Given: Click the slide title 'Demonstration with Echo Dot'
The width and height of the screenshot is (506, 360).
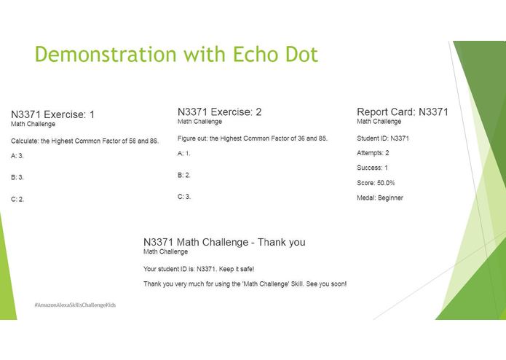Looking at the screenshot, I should coord(176,55).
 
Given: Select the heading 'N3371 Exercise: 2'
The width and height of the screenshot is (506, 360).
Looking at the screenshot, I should coord(219,112).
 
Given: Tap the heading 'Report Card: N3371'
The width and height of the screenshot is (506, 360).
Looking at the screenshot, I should coord(402,112).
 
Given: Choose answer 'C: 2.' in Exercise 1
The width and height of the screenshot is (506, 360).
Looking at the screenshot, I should coord(17,199).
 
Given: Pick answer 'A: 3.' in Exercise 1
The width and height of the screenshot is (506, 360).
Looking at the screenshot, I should coord(17,155).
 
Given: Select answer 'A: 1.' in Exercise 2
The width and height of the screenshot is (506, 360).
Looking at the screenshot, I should coord(184,153).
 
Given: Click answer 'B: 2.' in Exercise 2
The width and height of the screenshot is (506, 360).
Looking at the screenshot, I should coord(184,175).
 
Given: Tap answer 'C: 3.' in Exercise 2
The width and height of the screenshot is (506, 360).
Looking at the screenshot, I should coord(184,196).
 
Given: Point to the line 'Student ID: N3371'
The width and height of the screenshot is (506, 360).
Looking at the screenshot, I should coord(383,138).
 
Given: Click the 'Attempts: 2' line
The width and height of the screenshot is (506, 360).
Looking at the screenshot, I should coord(373,153).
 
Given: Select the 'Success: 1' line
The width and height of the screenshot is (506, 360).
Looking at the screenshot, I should coord(371,168).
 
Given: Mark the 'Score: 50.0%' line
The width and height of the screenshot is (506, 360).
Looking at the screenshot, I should coord(376,183).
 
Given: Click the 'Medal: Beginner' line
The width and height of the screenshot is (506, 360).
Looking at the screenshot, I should coord(379,197).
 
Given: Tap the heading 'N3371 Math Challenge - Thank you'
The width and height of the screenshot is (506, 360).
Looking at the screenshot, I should coord(224,242).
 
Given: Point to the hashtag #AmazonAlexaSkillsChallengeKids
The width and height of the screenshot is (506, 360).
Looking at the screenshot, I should coord(74,304).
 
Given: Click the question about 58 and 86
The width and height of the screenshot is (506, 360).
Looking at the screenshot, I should coord(84,140).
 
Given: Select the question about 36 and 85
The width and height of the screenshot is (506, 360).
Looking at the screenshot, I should coord(253,138).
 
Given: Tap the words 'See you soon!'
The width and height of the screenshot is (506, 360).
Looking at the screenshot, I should coord(327,283).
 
